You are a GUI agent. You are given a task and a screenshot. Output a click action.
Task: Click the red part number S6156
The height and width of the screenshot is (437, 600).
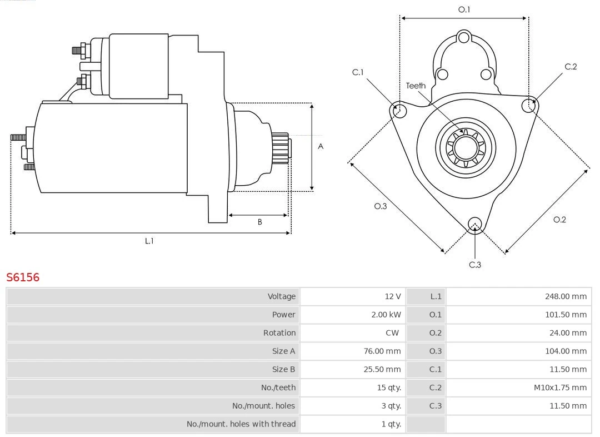pos(23,277)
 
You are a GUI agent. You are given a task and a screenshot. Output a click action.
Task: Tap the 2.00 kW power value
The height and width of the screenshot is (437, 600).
pos(386,315)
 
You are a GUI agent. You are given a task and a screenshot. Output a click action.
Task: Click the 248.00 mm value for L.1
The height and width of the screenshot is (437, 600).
pos(566,296)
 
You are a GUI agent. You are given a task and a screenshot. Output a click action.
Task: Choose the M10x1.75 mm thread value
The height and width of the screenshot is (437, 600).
pos(560,388)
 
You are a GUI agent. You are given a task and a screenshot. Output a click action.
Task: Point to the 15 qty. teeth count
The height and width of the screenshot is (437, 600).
pos(389,388)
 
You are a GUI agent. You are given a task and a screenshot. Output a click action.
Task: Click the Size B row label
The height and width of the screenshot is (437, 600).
pos(283,369)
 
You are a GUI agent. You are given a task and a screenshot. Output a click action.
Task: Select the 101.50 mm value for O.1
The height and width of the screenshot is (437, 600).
pos(566,315)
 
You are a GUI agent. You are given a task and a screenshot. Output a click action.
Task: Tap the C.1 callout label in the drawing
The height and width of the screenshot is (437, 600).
pos(358,72)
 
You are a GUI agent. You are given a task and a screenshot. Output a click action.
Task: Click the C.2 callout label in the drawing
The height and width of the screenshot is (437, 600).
pos(571,67)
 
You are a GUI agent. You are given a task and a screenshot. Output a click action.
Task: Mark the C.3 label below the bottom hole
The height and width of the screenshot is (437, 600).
pos(475,265)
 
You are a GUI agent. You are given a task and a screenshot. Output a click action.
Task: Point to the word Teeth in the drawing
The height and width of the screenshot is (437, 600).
pos(416,86)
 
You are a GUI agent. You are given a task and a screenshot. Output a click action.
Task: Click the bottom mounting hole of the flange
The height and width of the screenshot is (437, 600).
pos(474,224)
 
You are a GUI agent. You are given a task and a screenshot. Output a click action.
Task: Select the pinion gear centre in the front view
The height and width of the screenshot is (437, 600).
pos(466,147)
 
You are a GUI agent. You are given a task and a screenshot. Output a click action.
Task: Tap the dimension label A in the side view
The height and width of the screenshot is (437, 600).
pos(321,147)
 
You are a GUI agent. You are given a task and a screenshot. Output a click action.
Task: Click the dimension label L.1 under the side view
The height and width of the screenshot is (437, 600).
pos(149,241)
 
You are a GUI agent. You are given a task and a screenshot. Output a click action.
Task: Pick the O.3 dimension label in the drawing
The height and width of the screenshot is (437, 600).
pos(380,206)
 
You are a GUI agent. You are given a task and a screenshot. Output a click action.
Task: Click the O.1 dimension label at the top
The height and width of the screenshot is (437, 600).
pos(464,9)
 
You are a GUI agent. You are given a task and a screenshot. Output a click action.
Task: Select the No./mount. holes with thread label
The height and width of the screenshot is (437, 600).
pos(241,424)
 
